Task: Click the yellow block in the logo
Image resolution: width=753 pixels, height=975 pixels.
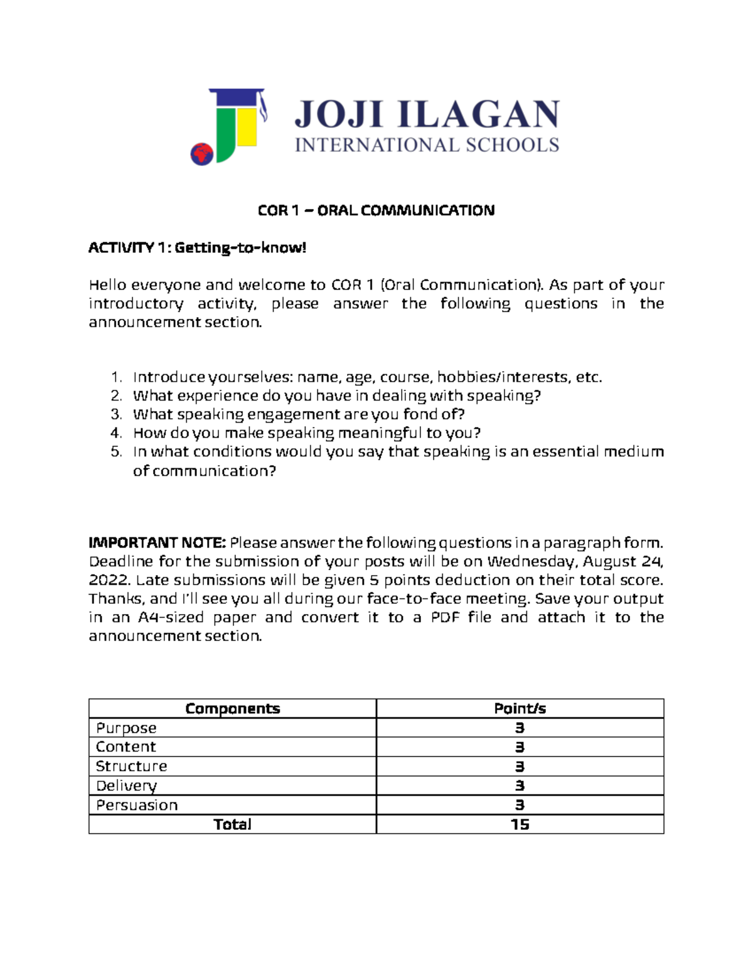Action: click(248, 127)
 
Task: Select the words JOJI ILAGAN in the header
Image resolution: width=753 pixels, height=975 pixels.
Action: click(427, 115)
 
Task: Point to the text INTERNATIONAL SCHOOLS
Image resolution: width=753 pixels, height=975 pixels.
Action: click(427, 145)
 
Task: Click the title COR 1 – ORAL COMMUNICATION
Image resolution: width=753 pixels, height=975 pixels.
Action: click(376, 210)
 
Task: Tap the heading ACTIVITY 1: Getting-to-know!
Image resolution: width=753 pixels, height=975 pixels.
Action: click(197, 248)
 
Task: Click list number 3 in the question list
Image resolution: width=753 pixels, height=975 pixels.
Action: click(115, 414)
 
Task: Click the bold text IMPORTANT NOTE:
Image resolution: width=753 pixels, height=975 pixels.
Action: click(157, 542)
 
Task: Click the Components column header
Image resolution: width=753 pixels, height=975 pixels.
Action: click(232, 709)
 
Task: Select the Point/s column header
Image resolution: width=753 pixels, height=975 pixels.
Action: click(520, 709)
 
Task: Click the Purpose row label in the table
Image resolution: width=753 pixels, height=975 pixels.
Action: click(126, 728)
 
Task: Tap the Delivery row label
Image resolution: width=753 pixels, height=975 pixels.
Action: click(126, 786)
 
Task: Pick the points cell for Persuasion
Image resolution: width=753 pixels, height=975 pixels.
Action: click(520, 805)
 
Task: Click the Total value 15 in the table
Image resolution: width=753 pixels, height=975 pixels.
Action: click(520, 824)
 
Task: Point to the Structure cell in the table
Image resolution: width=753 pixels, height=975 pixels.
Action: click(131, 767)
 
